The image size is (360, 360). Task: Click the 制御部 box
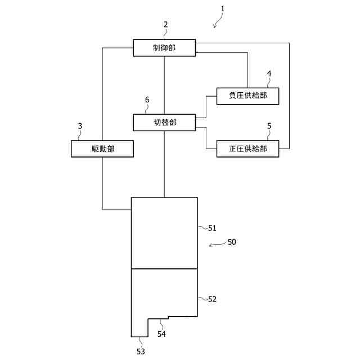pos(164,48)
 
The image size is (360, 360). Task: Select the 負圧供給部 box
pos(247,96)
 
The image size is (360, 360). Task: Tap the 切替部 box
pos(164,122)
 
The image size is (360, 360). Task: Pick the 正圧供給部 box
pos(247,149)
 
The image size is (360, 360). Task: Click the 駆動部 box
pos(102,149)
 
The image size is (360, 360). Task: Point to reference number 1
pos(223,9)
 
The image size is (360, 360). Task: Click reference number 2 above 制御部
pos(165,25)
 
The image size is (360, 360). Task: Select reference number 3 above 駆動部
pos(80,126)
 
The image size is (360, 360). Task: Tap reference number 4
pos(269,74)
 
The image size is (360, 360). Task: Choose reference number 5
pos(269,126)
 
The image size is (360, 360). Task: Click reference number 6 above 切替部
pos(147,100)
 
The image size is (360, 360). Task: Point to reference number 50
pos(232,242)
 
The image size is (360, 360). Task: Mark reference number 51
pos(212,228)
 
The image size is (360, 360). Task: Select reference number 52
pos(212,299)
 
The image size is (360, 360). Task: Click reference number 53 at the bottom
pos(140,352)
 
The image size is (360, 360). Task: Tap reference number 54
pos(161,334)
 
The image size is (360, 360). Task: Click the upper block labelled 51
pos(164,233)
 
